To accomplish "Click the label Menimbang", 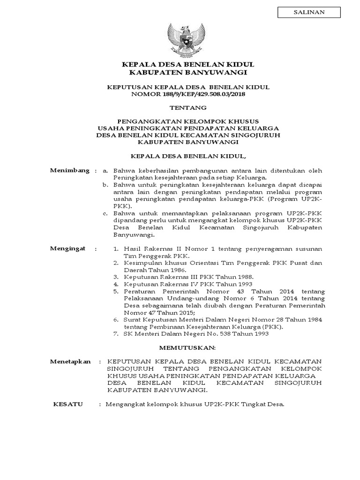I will (69, 170).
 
